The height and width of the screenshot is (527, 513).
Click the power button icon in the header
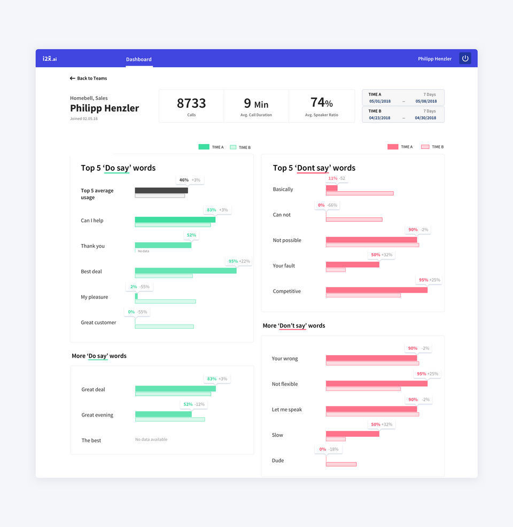tap(465, 59)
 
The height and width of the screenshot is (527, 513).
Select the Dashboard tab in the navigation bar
tap(139, 59)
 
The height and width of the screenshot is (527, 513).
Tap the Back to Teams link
tap(88, 78)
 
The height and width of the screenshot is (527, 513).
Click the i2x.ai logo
tap(50, 59)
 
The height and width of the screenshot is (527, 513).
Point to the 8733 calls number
tap(191, 103)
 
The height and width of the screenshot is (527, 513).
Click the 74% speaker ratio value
tap(321, 103)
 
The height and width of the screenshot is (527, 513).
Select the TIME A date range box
tap(403, 98)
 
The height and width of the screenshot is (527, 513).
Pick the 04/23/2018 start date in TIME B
tap(379, 118)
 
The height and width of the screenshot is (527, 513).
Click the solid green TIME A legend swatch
tap(204, 147)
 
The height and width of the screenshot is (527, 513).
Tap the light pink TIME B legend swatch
tap(425, 147)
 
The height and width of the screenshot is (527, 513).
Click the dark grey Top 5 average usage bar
tap(161, 190)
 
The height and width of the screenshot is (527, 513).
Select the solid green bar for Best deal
tap(185, 271)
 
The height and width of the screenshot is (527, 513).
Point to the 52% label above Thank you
tap(190, 235)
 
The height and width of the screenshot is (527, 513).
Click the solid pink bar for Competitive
tap(376, 290)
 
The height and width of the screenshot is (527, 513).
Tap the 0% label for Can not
tap(321, 205)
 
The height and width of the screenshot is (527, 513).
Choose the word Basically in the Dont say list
tap(283, 190)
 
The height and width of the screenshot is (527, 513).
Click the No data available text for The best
tap(151, 439)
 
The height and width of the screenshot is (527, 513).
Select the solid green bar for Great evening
tap(163, 414)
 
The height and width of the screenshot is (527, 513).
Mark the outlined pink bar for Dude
tap(341, 464)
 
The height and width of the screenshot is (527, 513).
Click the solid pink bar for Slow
tap(352, 434)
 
